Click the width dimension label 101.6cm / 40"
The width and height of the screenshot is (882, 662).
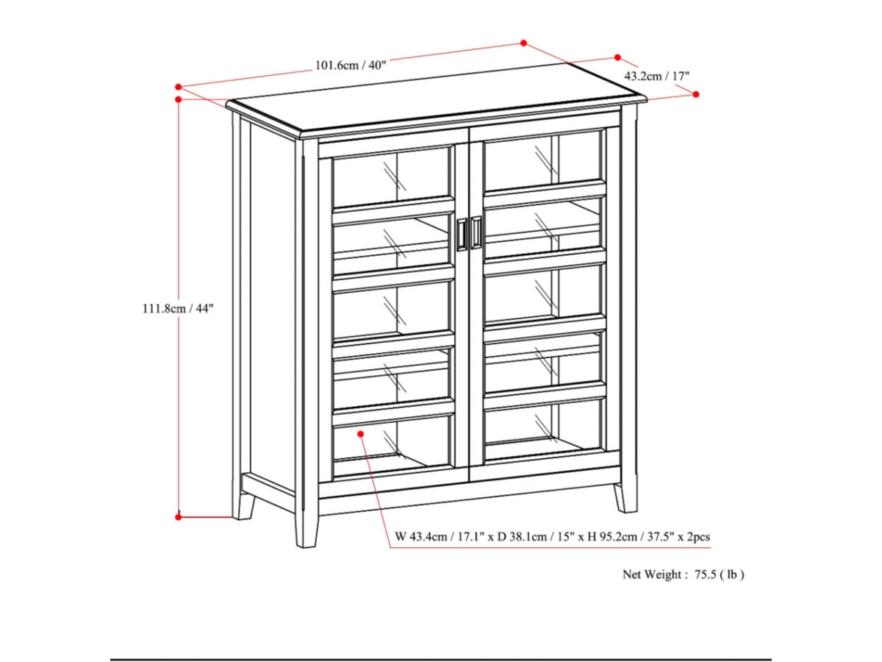point(351,65)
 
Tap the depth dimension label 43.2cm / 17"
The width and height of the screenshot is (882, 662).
point(656,76)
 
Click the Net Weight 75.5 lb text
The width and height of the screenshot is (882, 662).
point(684,575)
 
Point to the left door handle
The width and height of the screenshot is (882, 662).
point(462,234)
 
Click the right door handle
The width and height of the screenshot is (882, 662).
point(476,232)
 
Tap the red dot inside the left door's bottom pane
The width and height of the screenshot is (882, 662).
point(361,434)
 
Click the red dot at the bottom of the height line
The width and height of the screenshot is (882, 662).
point(179,517)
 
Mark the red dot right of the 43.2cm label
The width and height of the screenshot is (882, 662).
point(696,94)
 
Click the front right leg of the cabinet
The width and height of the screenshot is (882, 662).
point(625,496)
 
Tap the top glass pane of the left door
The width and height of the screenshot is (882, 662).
point(391,177)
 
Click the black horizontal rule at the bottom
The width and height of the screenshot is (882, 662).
point(441,659)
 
